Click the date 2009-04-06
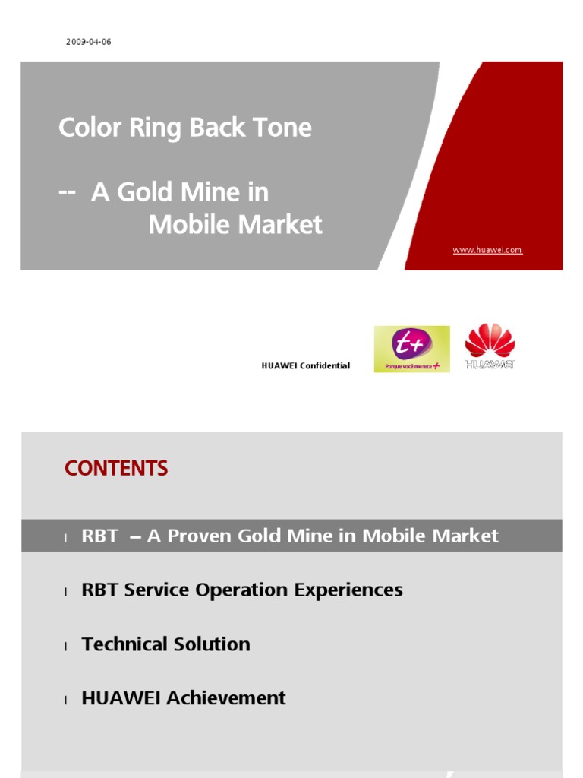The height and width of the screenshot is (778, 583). pyautogui.click(x=88, y=42)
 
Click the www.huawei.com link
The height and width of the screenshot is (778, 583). pyautogui.click(x=487, y=250)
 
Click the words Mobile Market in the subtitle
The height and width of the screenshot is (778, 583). pyautogui.click(x=235, y=225)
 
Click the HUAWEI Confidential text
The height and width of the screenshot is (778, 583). pyautogui.click(x=305, y=365)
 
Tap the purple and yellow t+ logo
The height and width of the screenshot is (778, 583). pyautogui.click(x=411, y=349)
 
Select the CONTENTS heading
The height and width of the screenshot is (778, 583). pyautogui.click(x=116, y=469)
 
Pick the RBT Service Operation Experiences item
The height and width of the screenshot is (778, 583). pyautogui.click(x=241, y=590)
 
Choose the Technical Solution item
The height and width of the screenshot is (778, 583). pyautogui.click(x=165, y=644)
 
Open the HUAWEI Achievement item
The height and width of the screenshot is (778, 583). pyautogui.click(x=183, y=697)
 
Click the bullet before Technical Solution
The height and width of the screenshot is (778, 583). pyautogui.click(x=66, y=646)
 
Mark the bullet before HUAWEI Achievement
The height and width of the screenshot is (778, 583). pyautogui.click(x=66, y=700)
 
